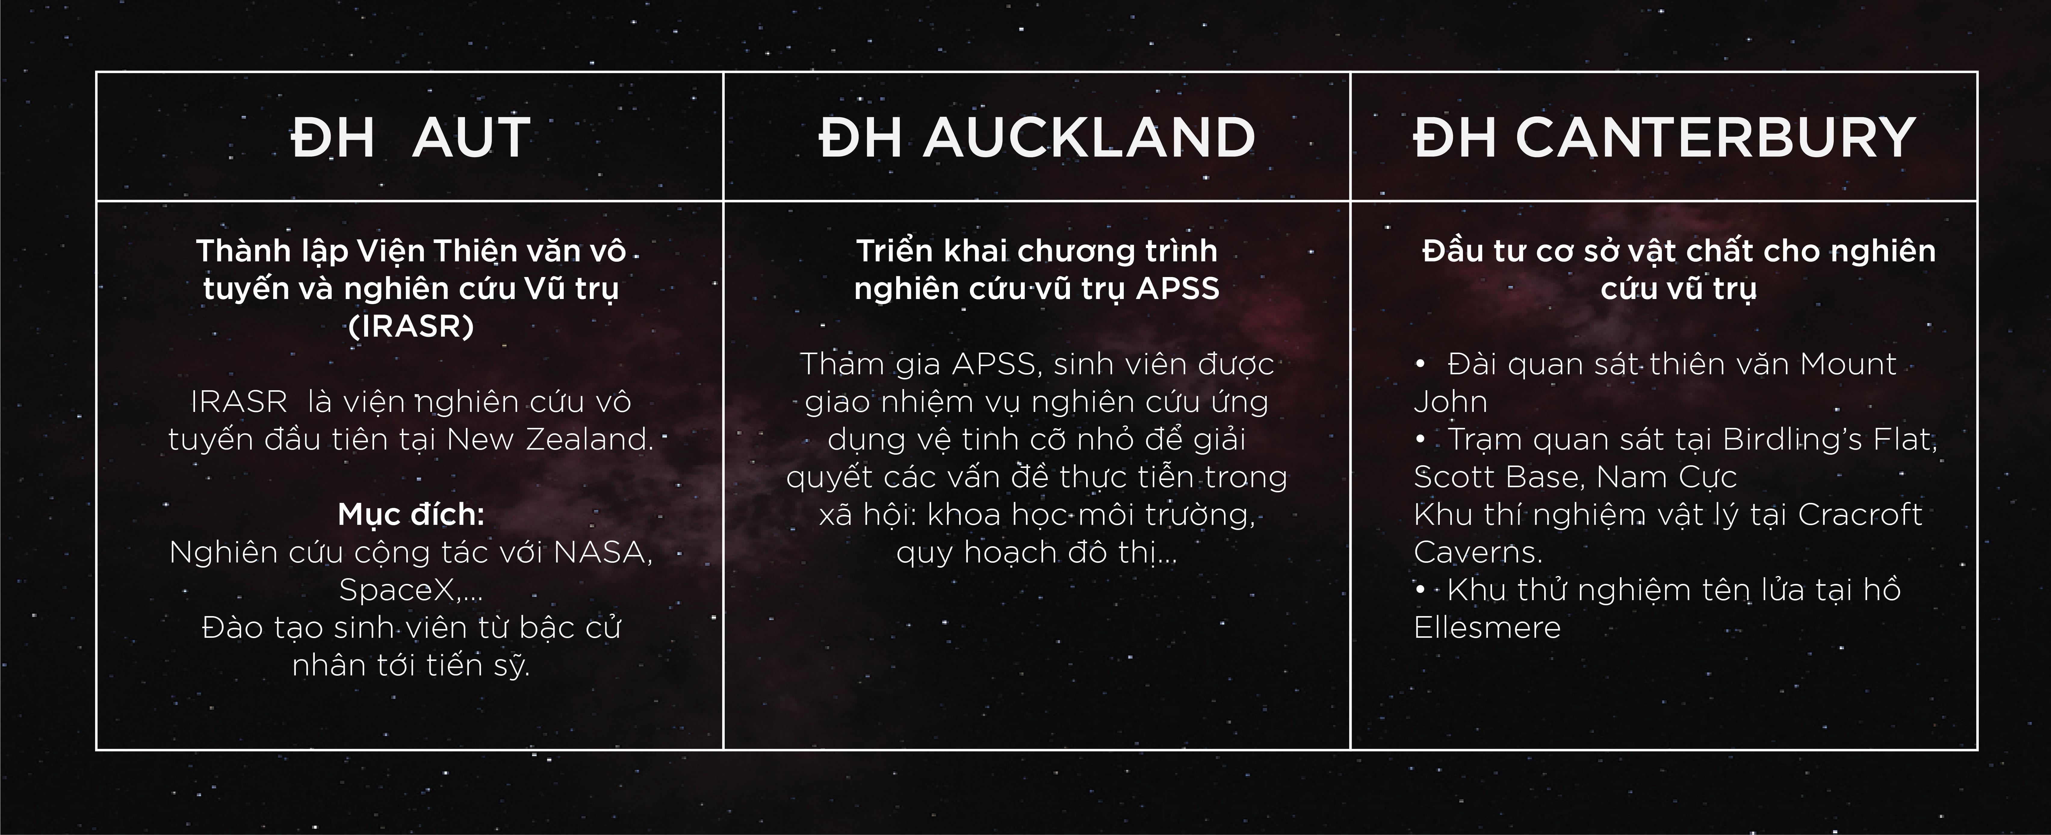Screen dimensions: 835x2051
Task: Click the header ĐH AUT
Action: [411, 138]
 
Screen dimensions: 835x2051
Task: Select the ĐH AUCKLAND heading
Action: [1037, 138]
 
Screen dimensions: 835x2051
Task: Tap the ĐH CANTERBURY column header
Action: [1664, 138]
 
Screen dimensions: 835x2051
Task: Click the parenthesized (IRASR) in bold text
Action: [411, 327]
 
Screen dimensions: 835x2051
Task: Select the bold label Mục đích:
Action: [411, 515]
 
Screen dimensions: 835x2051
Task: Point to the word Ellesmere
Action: [1486, 628]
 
